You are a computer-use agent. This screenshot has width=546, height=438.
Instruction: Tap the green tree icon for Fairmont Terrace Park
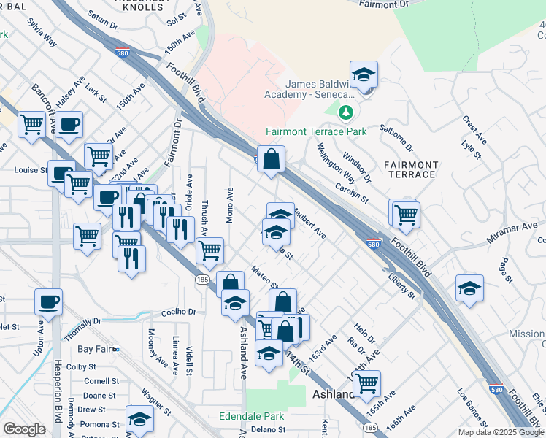346,112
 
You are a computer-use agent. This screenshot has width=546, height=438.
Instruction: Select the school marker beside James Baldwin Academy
364,76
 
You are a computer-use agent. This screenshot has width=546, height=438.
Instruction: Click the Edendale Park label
251,417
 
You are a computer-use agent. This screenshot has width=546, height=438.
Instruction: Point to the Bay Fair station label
95,350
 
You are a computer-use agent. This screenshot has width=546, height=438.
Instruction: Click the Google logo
24,429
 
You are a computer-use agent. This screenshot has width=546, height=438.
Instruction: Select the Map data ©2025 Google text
501,432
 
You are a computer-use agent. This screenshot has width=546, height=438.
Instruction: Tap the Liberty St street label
403,285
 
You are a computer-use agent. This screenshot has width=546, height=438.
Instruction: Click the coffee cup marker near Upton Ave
48,301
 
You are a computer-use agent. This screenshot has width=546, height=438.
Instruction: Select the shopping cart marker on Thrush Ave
210,250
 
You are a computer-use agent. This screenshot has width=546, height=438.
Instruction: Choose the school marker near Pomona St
139,419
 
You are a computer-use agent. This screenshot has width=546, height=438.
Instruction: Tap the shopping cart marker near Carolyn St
406,214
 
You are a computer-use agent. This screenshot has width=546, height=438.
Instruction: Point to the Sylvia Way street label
42,33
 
